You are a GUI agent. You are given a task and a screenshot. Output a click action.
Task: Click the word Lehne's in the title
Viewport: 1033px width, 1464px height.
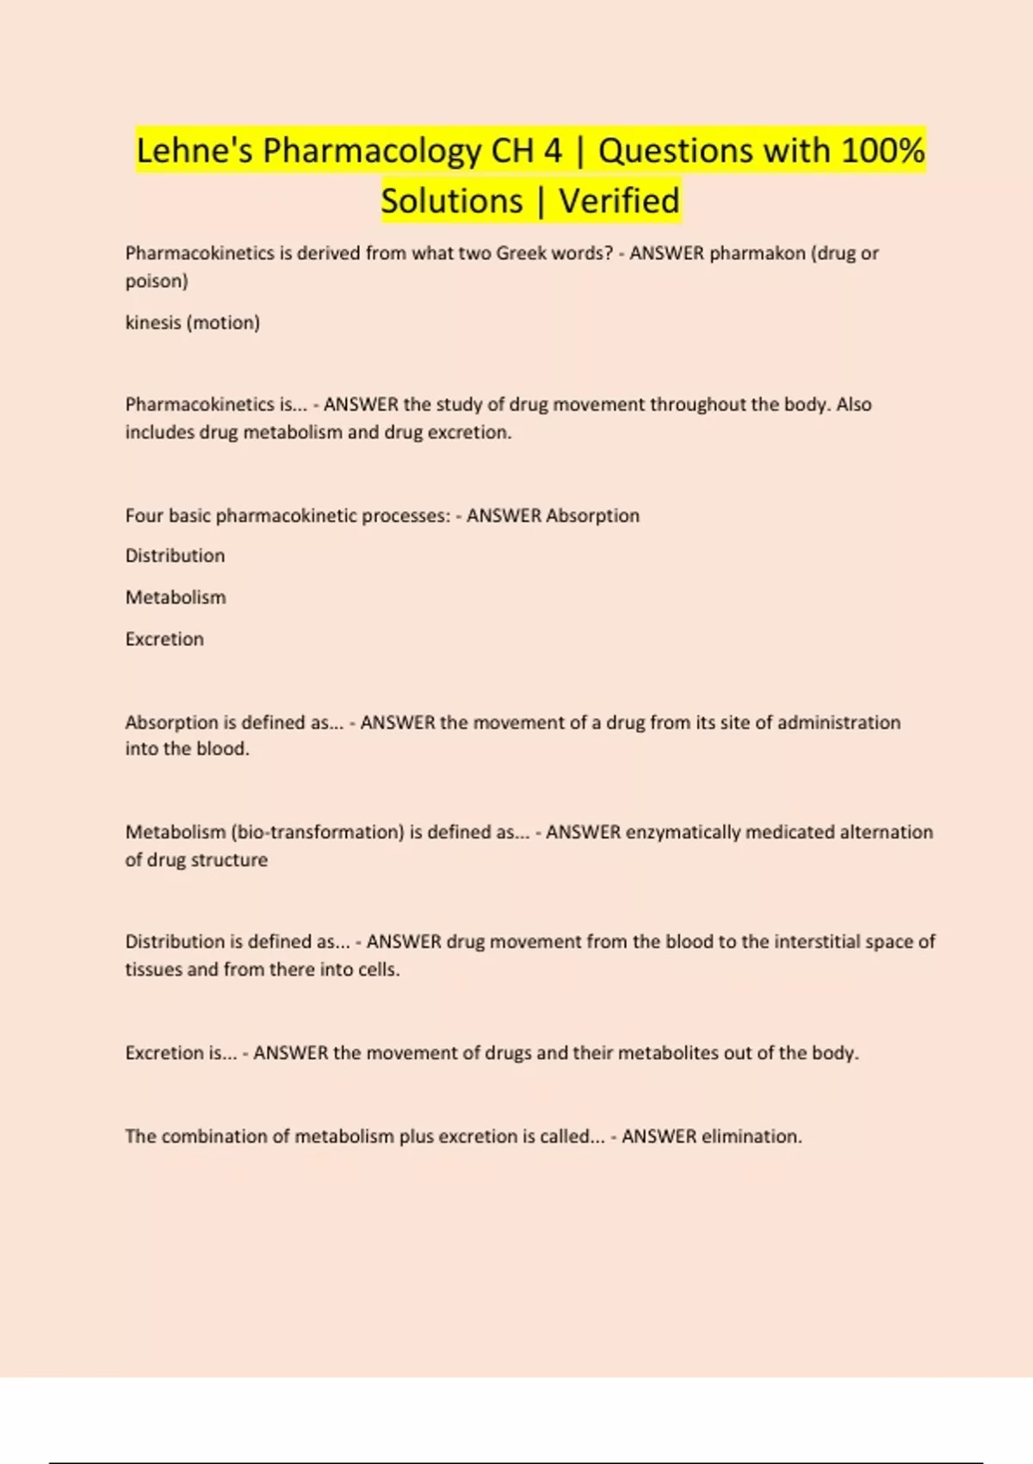(195, 151)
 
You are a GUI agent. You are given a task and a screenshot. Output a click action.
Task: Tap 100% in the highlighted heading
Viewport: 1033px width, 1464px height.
(882, 151)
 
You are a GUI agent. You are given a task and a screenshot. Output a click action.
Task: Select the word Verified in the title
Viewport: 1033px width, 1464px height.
(619, 201)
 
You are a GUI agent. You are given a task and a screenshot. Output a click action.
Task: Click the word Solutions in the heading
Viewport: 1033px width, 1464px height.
(452, 201)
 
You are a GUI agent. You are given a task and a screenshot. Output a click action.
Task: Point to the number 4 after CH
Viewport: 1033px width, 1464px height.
(552, 151)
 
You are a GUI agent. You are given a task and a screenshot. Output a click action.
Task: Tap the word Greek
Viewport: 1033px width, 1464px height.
(522, 253)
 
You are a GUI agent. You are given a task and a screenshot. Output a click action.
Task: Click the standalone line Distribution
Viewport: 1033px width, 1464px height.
(175, 555)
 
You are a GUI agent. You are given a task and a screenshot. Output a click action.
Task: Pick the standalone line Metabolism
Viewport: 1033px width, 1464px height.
(176, 597)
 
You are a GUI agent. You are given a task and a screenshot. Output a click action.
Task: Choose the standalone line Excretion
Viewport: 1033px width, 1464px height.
(164, 639)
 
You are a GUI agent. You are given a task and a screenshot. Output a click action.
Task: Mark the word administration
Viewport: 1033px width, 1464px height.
(838, 722)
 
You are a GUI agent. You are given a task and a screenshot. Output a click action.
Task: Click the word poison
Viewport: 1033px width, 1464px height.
(156, 281)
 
